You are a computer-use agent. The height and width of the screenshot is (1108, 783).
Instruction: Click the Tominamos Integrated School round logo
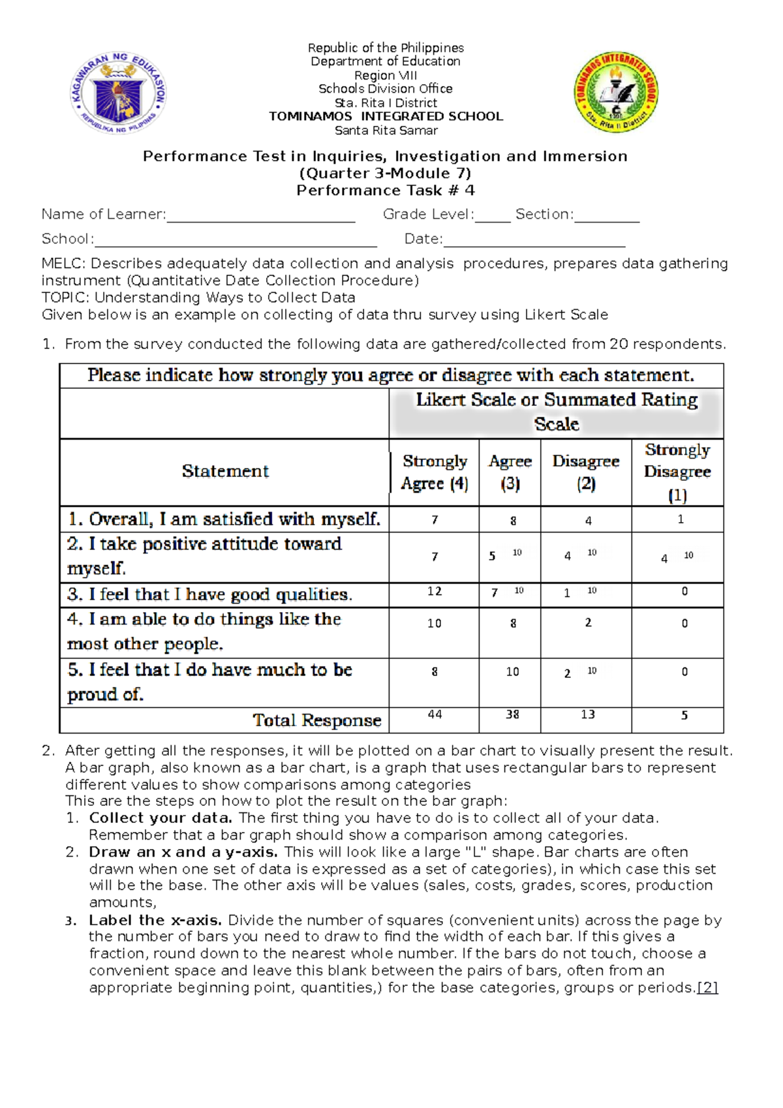(x=615, y=92)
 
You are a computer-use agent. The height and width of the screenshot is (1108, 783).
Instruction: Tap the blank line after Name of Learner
(x=261, y=217)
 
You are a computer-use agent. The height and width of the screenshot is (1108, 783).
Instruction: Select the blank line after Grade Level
(x=493, y=217)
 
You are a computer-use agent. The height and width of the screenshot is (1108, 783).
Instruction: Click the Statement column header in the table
(x=225, y=471)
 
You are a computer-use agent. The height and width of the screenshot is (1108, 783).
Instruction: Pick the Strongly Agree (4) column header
(x=435, y=472)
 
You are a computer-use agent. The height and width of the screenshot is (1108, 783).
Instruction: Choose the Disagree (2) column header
(x=585, y=472)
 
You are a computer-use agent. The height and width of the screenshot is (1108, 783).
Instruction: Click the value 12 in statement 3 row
(x=435, y=591)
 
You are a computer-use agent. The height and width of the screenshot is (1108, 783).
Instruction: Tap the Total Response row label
(x=317, y=720)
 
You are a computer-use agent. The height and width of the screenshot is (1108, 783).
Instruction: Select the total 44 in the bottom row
(x=435, y=715)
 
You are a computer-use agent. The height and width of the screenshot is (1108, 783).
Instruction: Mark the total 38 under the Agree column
(x=512, y=715)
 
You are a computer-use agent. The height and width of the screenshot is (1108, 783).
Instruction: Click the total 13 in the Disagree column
(x=587, y=715)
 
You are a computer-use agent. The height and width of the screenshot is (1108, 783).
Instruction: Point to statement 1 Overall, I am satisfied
(x=224, y=519)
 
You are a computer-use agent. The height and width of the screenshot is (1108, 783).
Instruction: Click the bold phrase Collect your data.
(x=161, y=818)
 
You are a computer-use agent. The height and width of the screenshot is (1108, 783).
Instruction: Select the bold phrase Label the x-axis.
(x=155, y=921)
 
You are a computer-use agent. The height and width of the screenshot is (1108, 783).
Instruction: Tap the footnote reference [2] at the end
(x=708, y=988)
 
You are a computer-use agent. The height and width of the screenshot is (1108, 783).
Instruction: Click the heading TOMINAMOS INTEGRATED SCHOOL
(x=386, y=117)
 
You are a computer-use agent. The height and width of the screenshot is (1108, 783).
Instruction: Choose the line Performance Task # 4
(x=385, y=191)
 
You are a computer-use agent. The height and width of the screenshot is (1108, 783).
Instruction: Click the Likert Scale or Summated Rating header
(x=557, y=412)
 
